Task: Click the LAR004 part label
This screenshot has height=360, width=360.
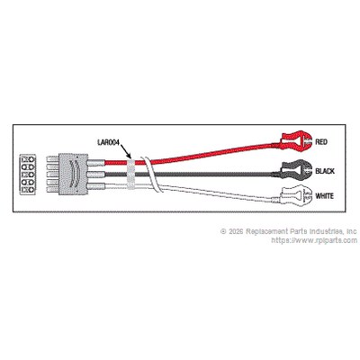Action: [x=108, y=142]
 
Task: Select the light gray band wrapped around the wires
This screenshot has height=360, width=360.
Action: [x=131, y=174]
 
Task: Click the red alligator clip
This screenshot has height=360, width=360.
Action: [x=294, y=140]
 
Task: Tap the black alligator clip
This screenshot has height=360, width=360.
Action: [x=295, y=170]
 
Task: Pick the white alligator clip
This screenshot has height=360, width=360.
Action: [x=294, y=195]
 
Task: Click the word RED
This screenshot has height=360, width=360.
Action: [x=321, y=141]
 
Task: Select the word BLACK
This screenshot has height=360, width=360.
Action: [x=325, y=171]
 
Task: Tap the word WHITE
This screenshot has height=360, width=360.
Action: [x=324, y=196]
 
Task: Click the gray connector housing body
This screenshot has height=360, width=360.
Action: [x=73, y=175]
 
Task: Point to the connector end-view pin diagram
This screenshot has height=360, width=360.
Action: [x=27, y=175]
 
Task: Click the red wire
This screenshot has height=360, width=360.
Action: [x=192, y=155]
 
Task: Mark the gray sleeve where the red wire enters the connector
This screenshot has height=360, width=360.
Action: [x=95, y=163]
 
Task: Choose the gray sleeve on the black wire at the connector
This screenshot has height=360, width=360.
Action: [x=95, y=175]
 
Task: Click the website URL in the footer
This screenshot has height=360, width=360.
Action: [x=314, y=240]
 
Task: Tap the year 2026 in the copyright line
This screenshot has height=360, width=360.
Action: [x=236, y=231]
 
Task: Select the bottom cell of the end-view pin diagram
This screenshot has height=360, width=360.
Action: [x=27, y=190]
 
